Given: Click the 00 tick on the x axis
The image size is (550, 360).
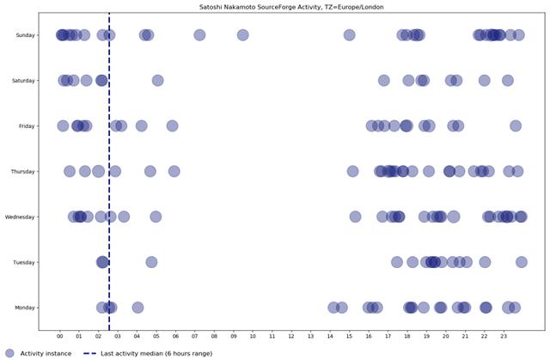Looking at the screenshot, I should [60, 337].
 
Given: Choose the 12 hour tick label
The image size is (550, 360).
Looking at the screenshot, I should [291, 337].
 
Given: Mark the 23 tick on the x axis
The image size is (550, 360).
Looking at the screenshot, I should [504, 337].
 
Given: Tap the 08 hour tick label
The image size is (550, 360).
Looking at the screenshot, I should [214, 337].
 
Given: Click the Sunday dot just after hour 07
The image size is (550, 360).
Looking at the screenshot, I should [199, 35].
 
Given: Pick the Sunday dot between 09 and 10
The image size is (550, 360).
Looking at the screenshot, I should [242, 35].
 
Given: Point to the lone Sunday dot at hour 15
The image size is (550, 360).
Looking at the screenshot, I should [349, 35].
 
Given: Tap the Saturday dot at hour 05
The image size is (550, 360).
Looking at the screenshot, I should [157, 81].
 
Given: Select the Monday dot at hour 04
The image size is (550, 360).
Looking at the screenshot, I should [137, 308].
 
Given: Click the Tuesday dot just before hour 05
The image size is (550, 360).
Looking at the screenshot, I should [151, 262].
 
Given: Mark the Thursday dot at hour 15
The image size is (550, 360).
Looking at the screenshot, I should [352, 172].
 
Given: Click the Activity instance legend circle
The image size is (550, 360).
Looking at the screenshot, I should [9, 353].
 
